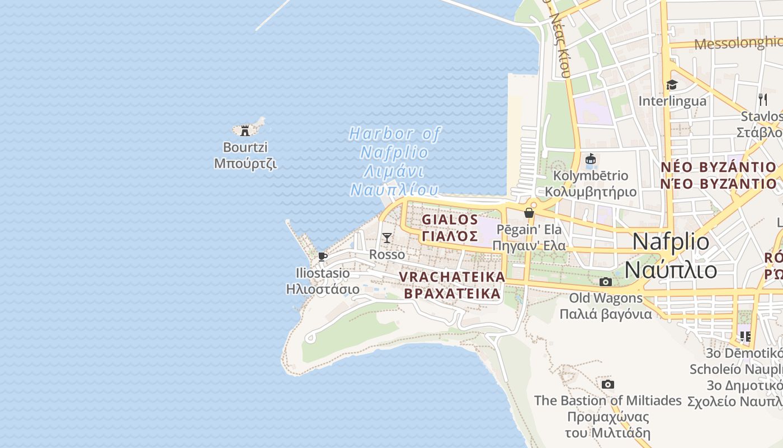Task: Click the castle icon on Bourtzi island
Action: coord(244,131)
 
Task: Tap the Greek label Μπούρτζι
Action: coord(246,164)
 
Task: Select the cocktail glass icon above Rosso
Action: coord(386,238)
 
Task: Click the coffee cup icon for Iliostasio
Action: coord(322,256)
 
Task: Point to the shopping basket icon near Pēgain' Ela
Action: coord(529,213)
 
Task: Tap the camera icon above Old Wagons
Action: coord(605,282)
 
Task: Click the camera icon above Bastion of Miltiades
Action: coord(608,384)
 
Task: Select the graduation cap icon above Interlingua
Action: coord(672,85)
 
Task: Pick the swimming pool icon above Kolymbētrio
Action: coord(590,160)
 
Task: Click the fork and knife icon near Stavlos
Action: coord(763,100)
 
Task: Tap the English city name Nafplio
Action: coord(671,242)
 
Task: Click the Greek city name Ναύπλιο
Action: coord(671,269)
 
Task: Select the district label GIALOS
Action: coord(450,219)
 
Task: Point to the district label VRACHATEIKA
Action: coord(452,277)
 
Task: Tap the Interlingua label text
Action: coord(672,101)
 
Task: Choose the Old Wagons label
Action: coord(606,298)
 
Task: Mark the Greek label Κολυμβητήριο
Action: coord(591,192)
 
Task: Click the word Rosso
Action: coord(387,254)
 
